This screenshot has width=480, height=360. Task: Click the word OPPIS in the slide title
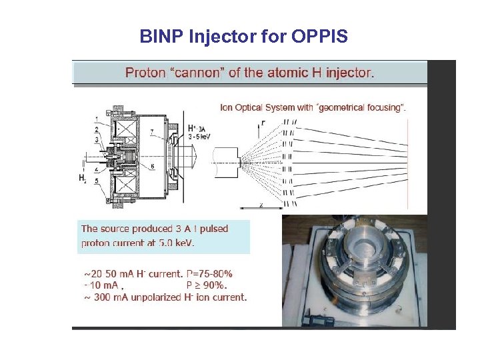[319, 37]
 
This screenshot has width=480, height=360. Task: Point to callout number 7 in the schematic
[151, 133]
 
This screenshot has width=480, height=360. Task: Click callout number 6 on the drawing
[152, 166]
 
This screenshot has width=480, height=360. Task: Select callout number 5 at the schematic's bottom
[96, 181]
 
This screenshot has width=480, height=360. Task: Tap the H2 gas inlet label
[82, 178]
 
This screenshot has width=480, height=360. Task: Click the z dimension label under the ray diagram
[261, 205]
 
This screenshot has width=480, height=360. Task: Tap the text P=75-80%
[209, 273]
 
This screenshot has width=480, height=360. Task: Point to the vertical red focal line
[407, 161]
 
